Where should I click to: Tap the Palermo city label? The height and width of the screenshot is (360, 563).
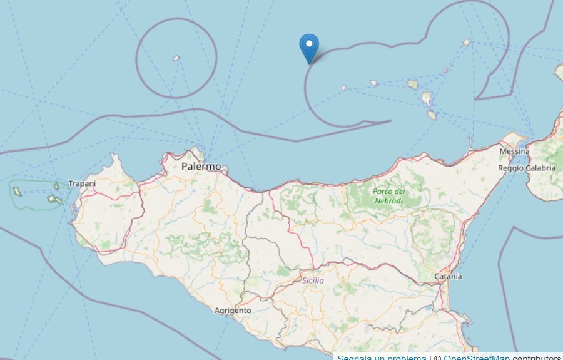(201, 167)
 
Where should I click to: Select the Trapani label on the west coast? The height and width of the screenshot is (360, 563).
(82, 183)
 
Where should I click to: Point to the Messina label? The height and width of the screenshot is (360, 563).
(514, 152)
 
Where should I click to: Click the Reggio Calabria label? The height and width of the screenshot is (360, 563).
(526, 168)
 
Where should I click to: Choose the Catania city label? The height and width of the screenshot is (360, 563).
(448, 276)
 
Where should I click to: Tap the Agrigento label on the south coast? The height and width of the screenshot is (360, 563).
(232, 311)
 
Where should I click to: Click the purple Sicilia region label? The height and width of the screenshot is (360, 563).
(313, 280)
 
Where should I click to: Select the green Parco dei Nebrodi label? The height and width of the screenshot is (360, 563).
(388, 196)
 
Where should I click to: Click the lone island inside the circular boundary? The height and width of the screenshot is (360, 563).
(176, 58)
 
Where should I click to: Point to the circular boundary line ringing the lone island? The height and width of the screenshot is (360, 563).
(216, 58)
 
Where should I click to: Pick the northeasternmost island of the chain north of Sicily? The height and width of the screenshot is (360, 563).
(466, 43)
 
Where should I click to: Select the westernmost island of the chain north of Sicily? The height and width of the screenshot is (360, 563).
(344, 88)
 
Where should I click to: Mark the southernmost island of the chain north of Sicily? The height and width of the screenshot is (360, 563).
(432, 115)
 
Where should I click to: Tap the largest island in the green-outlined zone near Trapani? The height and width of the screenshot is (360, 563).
(53, 200)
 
